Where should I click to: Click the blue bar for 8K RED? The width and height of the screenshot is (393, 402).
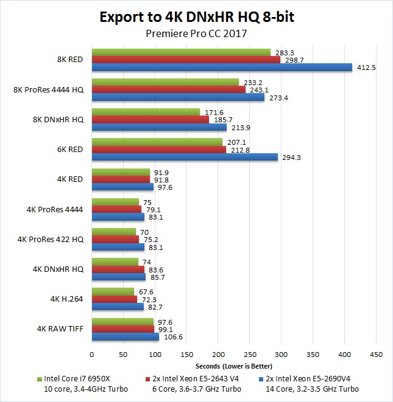pyautogui.click(x=222, y=68)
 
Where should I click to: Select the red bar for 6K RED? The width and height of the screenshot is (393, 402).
pyautogui.click(x=158, y=150)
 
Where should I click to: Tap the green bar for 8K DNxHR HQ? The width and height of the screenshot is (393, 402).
pyautogui.click(x=146, y=113)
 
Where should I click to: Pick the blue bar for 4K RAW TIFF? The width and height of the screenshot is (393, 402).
pyautogui.click(x=125, y=336)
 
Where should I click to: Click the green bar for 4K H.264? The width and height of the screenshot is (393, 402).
pyautogui.click(x=113, y=292)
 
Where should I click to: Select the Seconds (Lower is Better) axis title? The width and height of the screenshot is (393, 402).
pyautogui.click(x=233, y=366)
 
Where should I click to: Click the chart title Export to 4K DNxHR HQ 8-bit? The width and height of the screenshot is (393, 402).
pyautogui.click(x=197, y=17)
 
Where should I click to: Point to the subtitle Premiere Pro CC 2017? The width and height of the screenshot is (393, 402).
pyautogui.click(x=197, y=34)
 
